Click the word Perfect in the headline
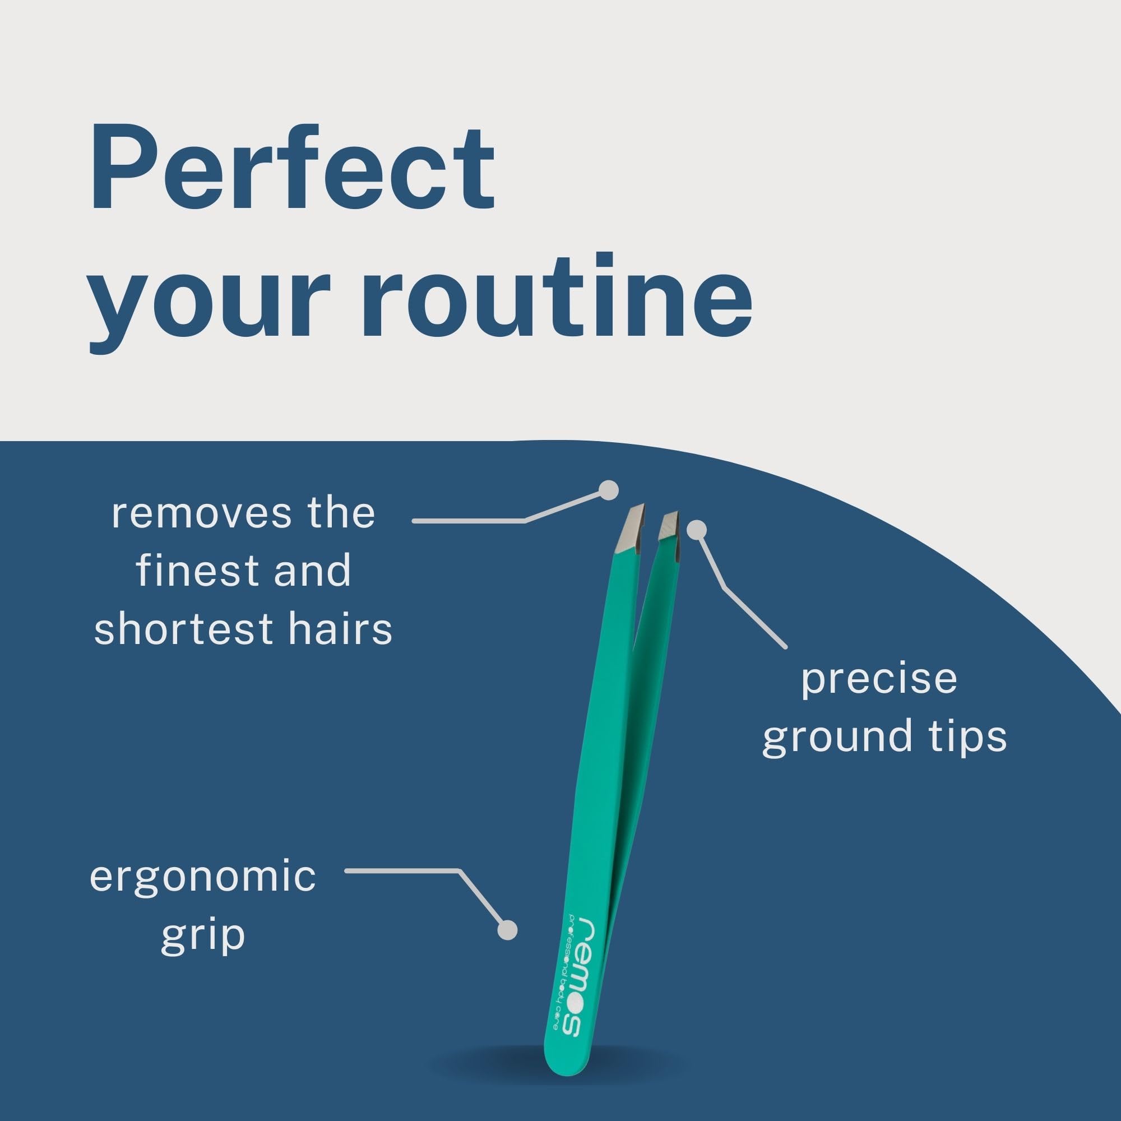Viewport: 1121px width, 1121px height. pos(292,168)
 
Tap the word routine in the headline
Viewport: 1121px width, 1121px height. pos(557,295)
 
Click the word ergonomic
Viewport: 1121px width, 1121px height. pos(202,878)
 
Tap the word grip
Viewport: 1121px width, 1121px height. pos(202,936)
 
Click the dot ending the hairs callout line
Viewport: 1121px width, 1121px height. pos(609,491)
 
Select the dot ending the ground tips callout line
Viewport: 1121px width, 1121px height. pos(697,529)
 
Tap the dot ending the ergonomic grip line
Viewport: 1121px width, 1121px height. pos(508,929)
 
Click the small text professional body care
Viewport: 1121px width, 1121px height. pos(562,980)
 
